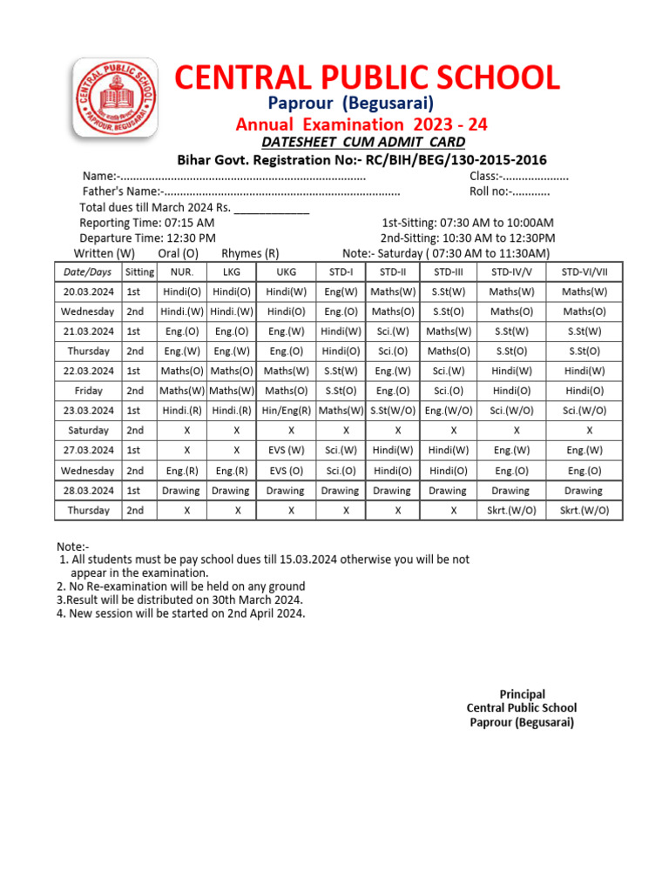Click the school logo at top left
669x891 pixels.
click(115, 98)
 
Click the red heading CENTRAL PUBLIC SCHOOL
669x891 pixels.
click(367, 78)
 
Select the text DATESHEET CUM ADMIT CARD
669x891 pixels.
click(363, 143)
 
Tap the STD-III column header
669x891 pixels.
click(449, 271)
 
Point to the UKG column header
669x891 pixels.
click(286, 271)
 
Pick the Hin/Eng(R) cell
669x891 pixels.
click(286, 411)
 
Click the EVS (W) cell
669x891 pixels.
click(286, 451)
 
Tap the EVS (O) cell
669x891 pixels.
click(286, 471)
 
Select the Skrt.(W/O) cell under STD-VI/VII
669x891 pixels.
click(584, 511)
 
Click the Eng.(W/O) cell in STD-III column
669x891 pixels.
click(449, 411)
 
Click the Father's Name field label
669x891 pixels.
click(121, 191)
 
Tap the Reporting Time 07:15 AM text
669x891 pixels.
click(146, 224)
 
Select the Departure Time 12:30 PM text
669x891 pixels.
click(147, 238)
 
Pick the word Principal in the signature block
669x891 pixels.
click(522, 694)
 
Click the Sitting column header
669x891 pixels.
click(139, 271)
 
